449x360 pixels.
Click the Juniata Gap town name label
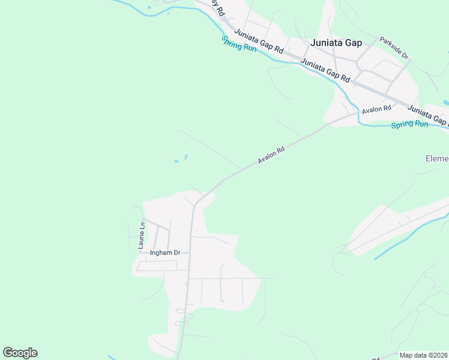click(x=336, y=43)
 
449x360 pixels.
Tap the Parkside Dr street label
click(x=394, y=49)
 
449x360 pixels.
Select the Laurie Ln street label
click(x=142, y=235)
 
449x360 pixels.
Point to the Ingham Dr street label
click(x=165, y=253)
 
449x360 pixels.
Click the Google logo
click(x=20, y=353)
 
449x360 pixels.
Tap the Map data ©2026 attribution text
click(x=423, y=355)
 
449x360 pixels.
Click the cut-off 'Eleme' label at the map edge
click(x=437, y=158)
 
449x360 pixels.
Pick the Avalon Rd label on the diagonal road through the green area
click(x=271, y=155)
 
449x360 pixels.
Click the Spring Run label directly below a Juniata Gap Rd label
click(x=239, y=43)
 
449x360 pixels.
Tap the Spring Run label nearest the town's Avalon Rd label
click(x=409, y=124)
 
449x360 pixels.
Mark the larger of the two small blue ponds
click(x=176, y=161)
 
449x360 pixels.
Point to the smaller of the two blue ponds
click(x=185, y=157)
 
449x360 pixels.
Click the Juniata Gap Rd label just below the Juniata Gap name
click(x=325, y=70)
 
